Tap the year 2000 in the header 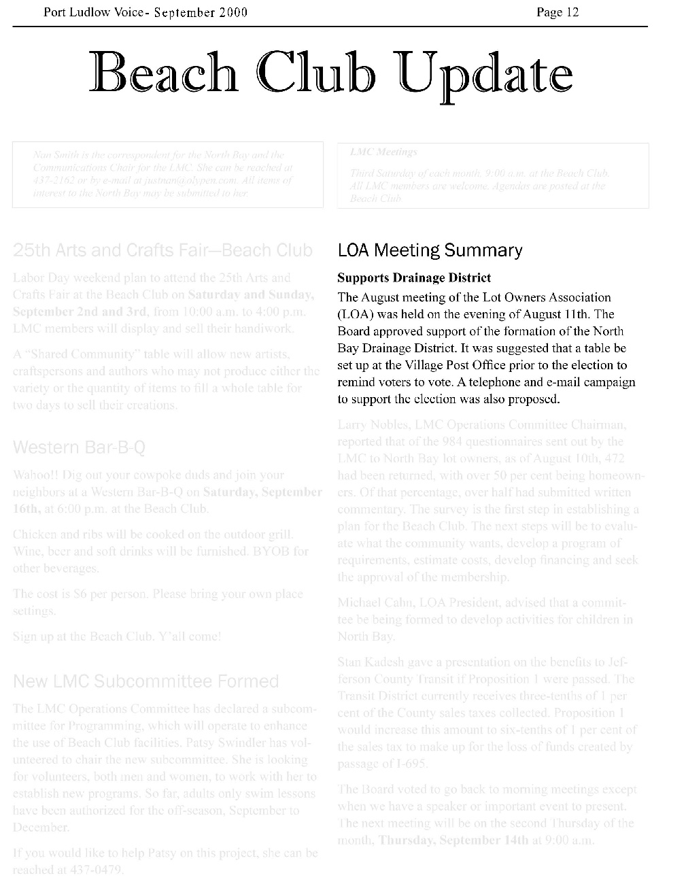[233, 12]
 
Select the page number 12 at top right [572, 12]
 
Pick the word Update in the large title [485, 74]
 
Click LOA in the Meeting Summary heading [353, 251]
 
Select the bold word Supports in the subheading [364, 278]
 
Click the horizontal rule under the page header [330, 27]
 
